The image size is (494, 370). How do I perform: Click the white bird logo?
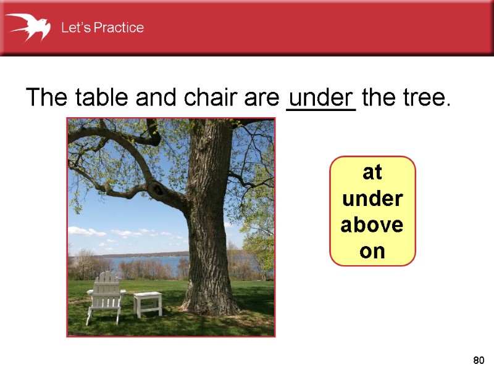pyautogui.click(x=27, y=28)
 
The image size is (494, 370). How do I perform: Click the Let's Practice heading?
pyautogui.click(x=102, y=28)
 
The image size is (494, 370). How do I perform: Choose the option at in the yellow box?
pyautogui.click(x=372, y=172)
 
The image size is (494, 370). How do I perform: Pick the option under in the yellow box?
pyautogui.click(x=372, y=199)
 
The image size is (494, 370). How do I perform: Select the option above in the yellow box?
pyautogui.click(x=372, y=225)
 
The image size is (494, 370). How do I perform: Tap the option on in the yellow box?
pyautogui.click(x=372, y=251)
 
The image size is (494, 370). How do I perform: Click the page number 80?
pyautogui.click(x=478, y=360)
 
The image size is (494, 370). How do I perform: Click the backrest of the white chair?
pyautogui.click(x=107, y=282)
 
